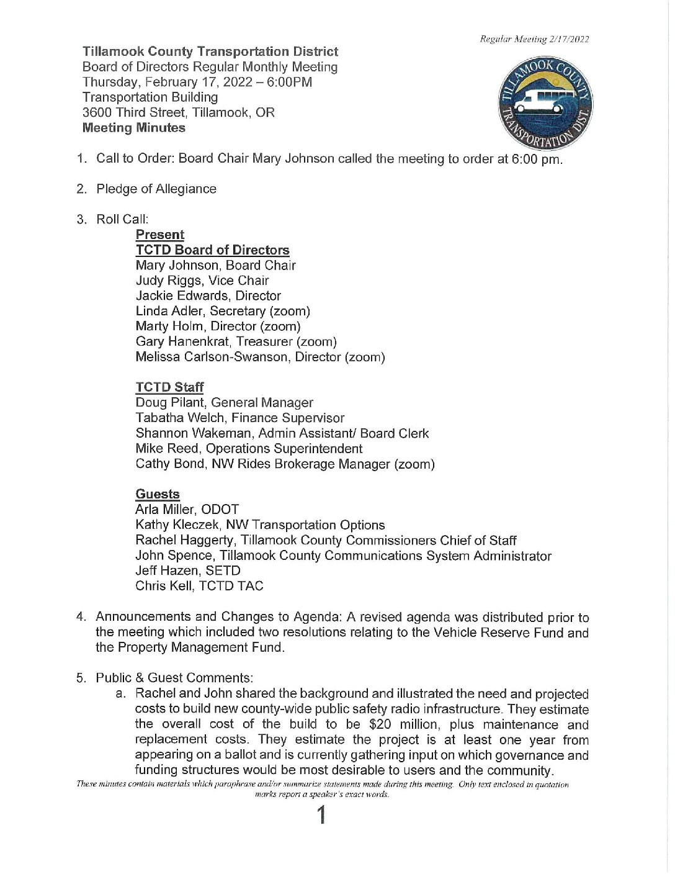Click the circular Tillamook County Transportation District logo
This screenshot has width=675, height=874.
tap(545, 104)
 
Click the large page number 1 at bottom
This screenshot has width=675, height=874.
tap(321, 815)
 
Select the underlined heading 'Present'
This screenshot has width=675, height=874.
tap(160, 235)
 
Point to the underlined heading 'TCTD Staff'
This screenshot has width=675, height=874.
tap(169, 387)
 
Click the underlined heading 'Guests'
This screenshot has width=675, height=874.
tap(158, 494)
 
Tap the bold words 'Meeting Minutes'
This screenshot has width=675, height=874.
tap(134, 128)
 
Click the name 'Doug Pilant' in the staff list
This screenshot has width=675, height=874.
tap(166, 403)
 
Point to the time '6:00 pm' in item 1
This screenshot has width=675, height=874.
tap(537, 159)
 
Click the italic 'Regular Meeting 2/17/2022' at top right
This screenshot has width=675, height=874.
tap(534, 39)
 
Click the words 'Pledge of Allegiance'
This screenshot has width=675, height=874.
tap(156, 189)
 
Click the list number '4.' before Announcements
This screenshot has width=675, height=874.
tap(81, 616)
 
